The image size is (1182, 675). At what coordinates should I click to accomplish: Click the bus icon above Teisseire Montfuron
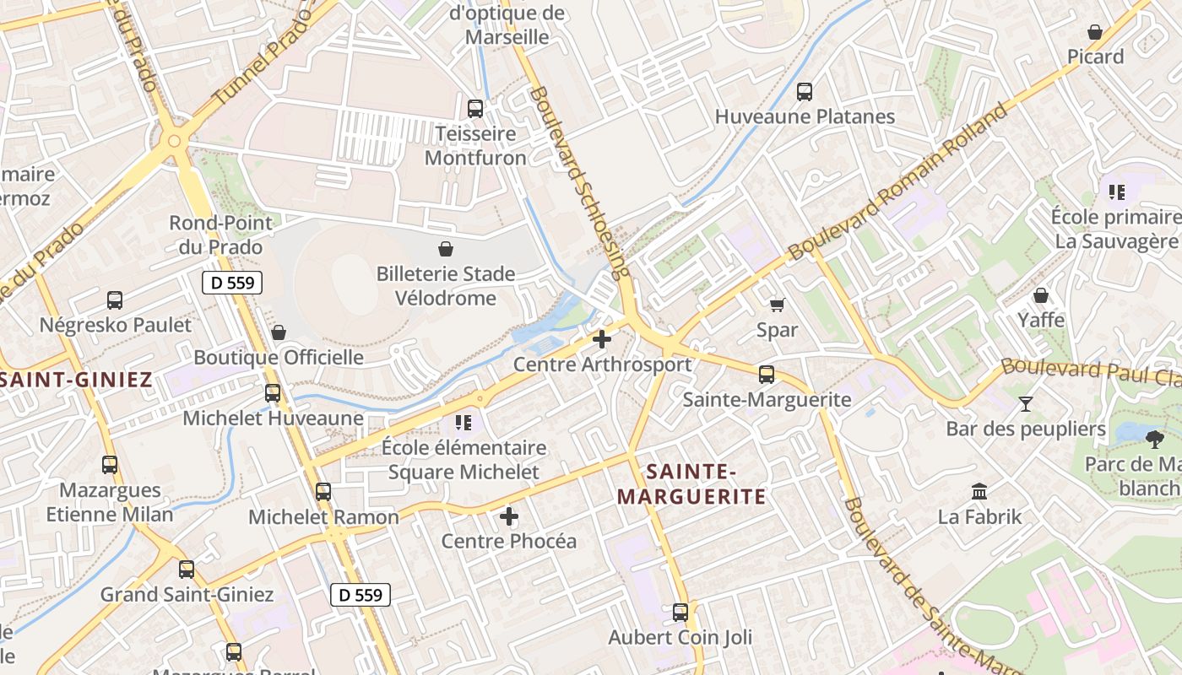pos(475,109)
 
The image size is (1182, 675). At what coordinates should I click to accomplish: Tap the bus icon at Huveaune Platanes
pos(805,92)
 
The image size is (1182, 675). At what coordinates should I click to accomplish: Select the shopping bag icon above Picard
pos(1095,32)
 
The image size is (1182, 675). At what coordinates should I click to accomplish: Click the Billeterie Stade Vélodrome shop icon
pos(446,249)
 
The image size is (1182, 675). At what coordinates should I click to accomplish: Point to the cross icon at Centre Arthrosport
pos(602,339)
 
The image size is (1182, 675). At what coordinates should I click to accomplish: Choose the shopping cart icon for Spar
pos(777,305)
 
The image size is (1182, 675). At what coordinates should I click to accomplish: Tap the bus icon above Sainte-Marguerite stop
pos(767,374)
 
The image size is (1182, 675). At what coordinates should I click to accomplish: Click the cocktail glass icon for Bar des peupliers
pos(1026,404)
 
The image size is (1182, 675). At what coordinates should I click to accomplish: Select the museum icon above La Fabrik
pos(979,491)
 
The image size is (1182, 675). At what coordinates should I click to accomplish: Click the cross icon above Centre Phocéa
pos(509,516)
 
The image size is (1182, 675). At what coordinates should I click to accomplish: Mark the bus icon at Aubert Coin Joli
pos(680,613)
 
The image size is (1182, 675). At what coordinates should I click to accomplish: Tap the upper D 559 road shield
pos(232,283)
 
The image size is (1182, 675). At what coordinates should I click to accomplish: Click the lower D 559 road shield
pos(360,595)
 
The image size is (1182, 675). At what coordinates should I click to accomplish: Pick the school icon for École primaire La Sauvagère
pos(1117,192)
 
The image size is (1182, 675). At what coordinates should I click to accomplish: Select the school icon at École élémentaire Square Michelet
pos(463,422)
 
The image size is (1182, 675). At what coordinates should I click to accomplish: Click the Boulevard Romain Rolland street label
pos(898,181)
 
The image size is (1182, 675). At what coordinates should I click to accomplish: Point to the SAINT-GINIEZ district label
pos(76,380)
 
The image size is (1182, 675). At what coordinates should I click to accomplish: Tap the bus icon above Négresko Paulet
pos(115,300)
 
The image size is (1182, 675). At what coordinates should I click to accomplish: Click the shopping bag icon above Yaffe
pos(1041,295)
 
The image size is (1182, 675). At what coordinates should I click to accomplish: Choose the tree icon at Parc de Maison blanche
pos(1155,439)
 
